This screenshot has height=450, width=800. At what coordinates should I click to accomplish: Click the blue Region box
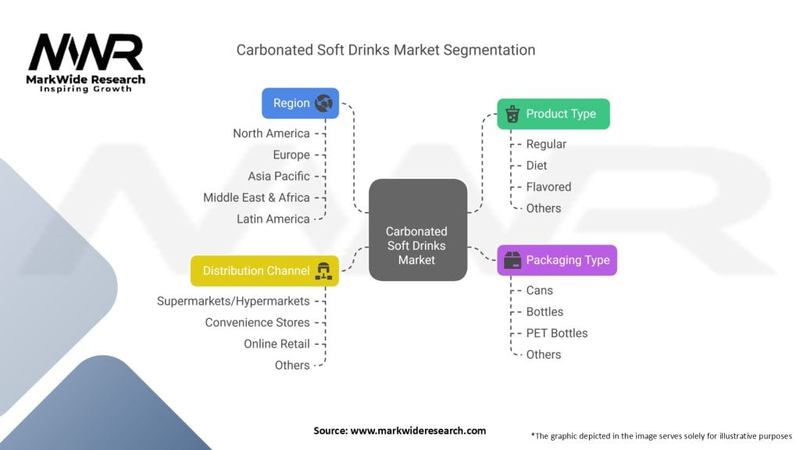(300, 103)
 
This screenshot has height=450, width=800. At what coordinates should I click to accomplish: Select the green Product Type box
(553, 114)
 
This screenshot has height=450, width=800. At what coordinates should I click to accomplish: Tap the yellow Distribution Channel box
(264, 271)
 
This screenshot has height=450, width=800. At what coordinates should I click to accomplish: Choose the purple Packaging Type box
(556, 260)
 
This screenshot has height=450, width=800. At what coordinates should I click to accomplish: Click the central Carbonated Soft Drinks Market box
(418, 230)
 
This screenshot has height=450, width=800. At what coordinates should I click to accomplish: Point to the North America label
(271, 134)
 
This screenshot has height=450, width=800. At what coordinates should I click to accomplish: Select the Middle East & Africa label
(256, 198)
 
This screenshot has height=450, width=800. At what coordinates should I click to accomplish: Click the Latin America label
(273, 219)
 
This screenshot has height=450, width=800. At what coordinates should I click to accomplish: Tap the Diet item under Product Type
(536, 166)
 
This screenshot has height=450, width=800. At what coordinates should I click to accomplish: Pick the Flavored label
(548, 187)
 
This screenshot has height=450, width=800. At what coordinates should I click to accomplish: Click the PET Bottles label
(556, 333)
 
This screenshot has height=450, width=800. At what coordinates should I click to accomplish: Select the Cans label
(539, 291)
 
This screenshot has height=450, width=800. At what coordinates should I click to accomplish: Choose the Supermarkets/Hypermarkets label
(233, 302)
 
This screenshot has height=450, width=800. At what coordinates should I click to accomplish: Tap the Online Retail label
(277, 344)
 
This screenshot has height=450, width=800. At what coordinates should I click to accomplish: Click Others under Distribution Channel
(292, 366)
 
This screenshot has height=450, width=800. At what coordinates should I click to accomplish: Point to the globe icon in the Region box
(323, 103)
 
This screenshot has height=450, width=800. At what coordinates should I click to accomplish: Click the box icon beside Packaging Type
(512, 260)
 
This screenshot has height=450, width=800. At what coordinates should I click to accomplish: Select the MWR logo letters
(86, 52)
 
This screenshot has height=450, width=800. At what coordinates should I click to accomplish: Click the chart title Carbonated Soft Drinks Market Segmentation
(386, 50)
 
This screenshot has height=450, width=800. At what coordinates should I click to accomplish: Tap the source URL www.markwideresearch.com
(418, 430)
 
